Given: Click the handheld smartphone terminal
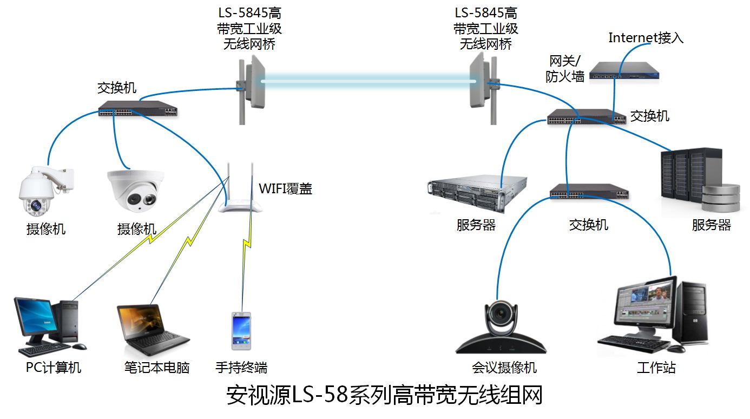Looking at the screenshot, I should (x=241, y=331).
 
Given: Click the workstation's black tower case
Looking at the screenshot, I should (x=693, y=314).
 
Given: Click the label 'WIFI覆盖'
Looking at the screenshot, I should (x=285, y=188).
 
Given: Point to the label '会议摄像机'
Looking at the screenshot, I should (x=504, y=368).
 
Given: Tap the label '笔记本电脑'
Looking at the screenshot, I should (x=156, y=368).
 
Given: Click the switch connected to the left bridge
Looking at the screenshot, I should (x=138, y=109).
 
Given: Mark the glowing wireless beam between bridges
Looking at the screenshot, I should (x=368, y=81).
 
